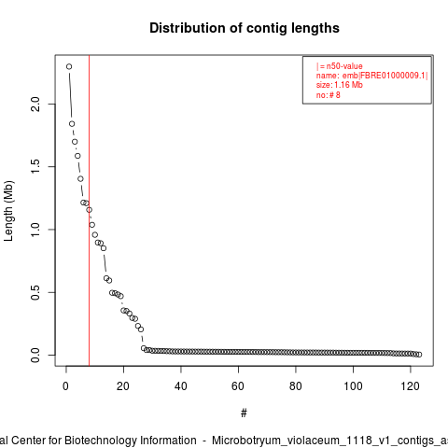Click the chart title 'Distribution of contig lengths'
[x=245, y=28]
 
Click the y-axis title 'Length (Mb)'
[x=8, y=211]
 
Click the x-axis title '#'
[x=244, y=413]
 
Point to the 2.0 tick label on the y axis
[x=35, y=104]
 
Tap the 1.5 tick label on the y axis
[x=35, y=167]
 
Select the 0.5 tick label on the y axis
[x=35, y=292]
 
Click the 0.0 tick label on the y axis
[x=35, y=356]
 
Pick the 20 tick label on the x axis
[x=123, y=386]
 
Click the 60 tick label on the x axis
[x=238, y=386]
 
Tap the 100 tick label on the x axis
[x=353, y=386]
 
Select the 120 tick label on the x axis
[x=411, y=386]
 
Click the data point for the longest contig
[x=69, y=66]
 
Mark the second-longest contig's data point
[x=72, y=124]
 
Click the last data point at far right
[x=419, y=355]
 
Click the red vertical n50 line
[x=89, y=211]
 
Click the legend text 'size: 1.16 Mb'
[x=340, y=85]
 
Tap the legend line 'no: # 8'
[x=329, y=95]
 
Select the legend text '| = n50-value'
[x=340, y=66]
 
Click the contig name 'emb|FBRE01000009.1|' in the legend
[x=385, y=76]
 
